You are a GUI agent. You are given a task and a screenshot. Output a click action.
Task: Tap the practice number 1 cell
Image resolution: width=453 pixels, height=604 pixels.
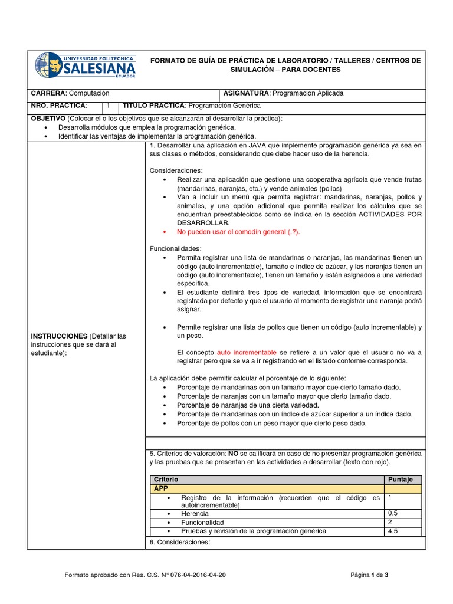point(109,105)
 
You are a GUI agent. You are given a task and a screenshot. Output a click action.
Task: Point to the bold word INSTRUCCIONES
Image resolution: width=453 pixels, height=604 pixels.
point(58,336)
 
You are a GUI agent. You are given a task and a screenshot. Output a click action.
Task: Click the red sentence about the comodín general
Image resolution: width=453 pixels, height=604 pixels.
point(238,232)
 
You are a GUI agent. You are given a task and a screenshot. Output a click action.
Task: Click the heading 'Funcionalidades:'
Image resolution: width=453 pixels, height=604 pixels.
point(176,249)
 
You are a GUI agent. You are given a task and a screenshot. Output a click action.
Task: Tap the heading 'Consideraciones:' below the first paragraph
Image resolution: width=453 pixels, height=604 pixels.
point(176,170)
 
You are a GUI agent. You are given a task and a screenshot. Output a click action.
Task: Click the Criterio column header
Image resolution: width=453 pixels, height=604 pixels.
point(166,480)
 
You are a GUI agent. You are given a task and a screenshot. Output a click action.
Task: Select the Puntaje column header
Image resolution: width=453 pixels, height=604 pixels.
point(403,480)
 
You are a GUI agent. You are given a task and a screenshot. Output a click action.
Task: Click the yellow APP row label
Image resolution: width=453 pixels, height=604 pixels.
point(160,489)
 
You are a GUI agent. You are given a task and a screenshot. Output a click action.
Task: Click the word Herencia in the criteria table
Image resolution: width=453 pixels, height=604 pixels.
point(196,514)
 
